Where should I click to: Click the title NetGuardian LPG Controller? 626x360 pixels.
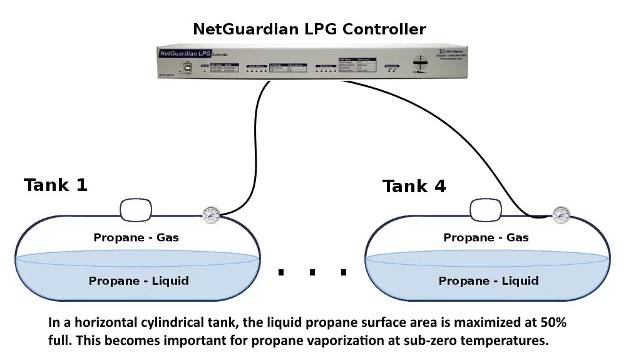pyautogui.click(x=309, y=29)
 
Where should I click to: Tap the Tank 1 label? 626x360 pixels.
pyautogui.click(x=56, y=185)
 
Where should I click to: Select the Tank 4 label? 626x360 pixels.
pyautogui.click(x=414, y=186)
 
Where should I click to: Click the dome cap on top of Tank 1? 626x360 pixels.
pyautogui.click(x=136, y=210)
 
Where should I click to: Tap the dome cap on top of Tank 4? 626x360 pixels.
pyautogui.click(x=486, y=210)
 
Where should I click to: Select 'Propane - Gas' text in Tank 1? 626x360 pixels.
pyautogui.click(x=136, y=237)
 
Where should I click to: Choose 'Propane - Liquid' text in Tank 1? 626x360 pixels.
pyautogui.click(x=138, y=280)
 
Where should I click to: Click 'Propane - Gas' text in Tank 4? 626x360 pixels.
pyautogui.click(x=486, y=237)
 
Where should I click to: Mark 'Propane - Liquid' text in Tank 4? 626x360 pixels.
pyautogui.click(x=488, y=280)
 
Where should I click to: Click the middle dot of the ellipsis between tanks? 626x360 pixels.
pyautogui.click(x=312, y=272)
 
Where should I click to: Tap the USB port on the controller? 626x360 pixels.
pyautogui.click(x=186, y=66)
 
